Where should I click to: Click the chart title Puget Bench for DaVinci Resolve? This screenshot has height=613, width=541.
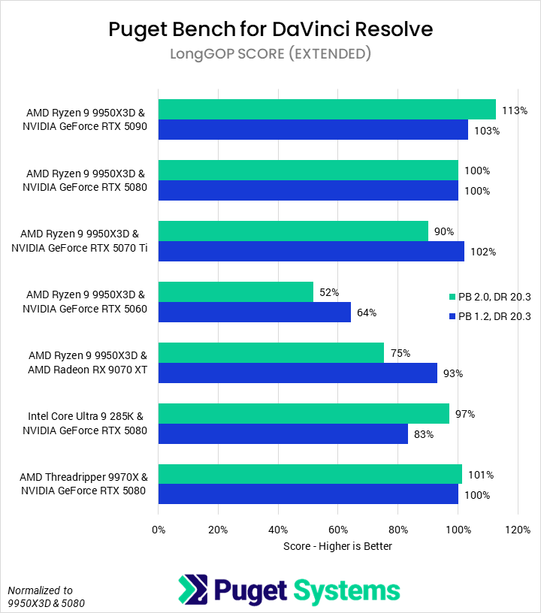270,29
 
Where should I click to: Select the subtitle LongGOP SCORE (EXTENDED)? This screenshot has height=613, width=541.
270,54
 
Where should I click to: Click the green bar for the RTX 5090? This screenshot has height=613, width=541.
327,109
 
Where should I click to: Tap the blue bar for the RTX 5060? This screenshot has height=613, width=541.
255,312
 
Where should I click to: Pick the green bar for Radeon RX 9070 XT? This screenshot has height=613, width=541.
271,352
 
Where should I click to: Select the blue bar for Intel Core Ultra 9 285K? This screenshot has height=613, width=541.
283,433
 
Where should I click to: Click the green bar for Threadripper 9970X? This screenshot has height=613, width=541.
310,474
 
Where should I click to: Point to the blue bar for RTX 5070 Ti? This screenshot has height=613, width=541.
311,251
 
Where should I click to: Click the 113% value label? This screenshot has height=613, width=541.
515,110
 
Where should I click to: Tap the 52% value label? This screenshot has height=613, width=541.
329,292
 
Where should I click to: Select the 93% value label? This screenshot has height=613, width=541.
453,373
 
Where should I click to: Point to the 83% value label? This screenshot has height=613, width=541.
424,434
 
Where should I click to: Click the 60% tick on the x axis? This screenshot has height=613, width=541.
338,530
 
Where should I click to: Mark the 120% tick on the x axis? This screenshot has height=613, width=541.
518,530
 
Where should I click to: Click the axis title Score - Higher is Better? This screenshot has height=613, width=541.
337,546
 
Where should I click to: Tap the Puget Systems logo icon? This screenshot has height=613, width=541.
192,589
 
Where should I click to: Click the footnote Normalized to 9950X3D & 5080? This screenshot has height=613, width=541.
41,596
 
